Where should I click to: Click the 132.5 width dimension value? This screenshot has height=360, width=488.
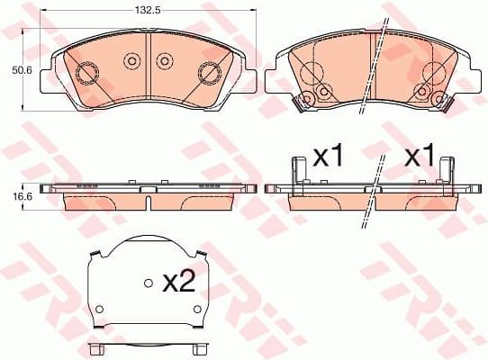pos(147,12)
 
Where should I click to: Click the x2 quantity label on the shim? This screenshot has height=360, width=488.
pos(179,283)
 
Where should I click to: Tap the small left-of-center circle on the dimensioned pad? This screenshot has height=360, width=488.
pos(131,61)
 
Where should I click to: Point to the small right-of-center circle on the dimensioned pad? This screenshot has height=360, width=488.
pos(164,61)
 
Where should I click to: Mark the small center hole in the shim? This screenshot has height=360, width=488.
pos(148,283)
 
